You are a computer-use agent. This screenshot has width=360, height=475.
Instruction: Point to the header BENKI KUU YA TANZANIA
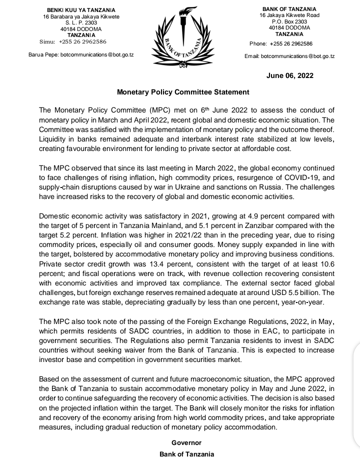[81, 10]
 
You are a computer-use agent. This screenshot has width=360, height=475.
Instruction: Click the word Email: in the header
[252, 56]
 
